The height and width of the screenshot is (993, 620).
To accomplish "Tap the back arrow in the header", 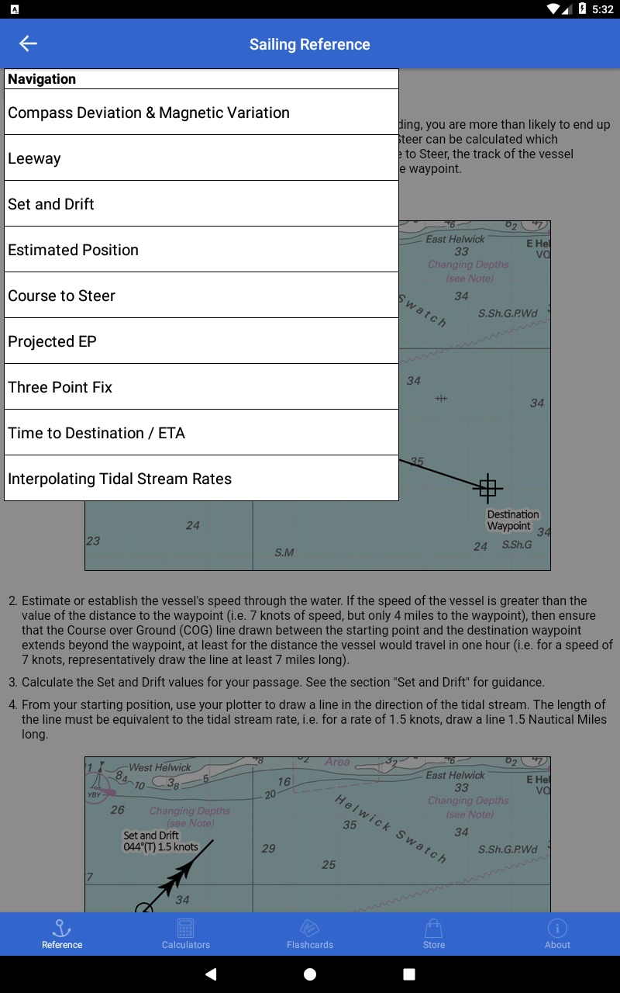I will pos(28,44).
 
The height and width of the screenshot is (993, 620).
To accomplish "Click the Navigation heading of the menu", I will pos(42,79).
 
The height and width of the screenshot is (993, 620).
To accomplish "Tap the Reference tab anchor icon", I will pos(62,928).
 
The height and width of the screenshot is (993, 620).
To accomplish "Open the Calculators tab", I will pos(186,933).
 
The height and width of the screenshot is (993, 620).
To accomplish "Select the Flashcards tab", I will pos(310,933).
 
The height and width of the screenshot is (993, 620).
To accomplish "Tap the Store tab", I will pos(434,933).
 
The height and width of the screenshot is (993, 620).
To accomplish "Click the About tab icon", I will pos(557,928).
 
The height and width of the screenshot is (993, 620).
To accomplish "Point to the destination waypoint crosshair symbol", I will pos(487,488).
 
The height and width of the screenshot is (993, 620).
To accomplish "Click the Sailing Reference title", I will pos(310,44).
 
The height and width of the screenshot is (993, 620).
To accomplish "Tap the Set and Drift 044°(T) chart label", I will pos(160,841).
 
